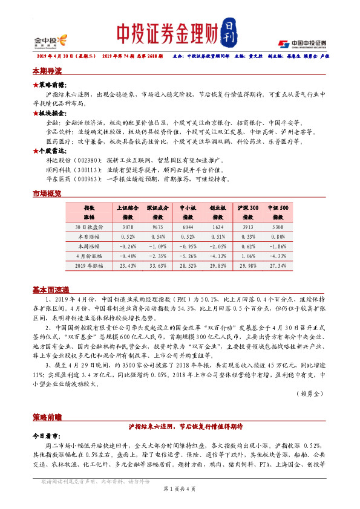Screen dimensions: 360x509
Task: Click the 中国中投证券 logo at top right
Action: [x=302, y=43]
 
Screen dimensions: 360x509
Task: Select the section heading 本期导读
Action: [x=47, y=71]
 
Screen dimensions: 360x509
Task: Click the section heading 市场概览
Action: [x=47, y=193]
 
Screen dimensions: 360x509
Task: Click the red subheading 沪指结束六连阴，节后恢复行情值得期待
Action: [x=180, y=426]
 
